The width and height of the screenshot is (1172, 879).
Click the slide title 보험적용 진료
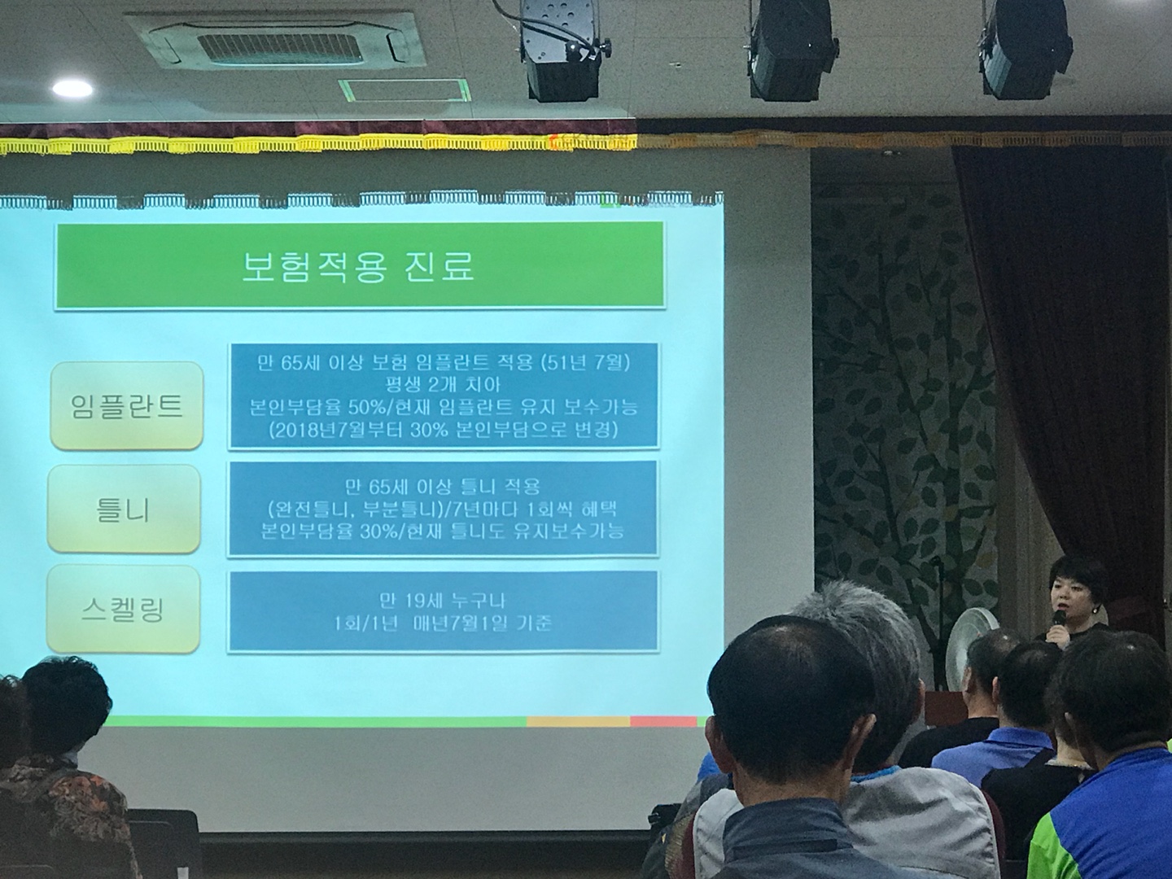(x=358, y=266)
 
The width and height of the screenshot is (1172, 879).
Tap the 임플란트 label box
(x=126, y=406)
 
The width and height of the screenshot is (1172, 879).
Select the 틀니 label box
(x=124, y=509)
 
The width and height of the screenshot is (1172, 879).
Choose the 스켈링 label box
(x=123, y=609)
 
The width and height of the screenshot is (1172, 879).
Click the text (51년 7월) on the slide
(x=586, y=364)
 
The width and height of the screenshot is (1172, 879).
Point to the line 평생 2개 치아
(x=443, y=385)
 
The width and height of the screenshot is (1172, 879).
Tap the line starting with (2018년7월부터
(x=443, y=431)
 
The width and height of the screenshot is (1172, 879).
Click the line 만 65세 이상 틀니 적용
(x=443, y=487)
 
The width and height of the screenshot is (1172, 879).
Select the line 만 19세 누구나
(x=443, y=601)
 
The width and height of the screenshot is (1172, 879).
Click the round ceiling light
(x=72, y=88)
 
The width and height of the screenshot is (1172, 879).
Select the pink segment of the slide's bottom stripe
(x=663, y=722)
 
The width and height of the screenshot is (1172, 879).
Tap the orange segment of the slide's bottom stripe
(x=578, y=722)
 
